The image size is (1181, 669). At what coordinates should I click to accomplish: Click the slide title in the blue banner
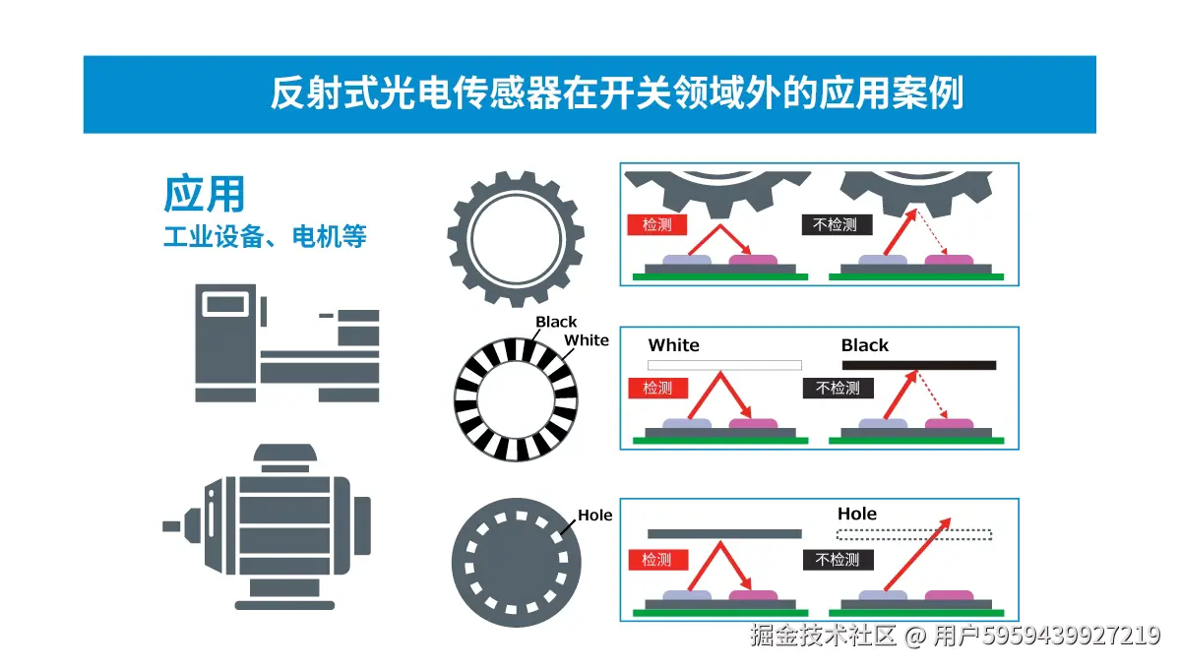click(616, 93)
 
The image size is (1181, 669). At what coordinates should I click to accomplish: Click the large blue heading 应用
click(204, 194)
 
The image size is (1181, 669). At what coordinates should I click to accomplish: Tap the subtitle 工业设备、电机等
click(265, 237)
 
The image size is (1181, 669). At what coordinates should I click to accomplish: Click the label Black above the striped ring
click(556, 322)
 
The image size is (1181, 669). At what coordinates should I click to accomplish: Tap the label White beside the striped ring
click(587, 340)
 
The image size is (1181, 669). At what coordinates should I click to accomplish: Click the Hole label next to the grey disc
click(594, 516)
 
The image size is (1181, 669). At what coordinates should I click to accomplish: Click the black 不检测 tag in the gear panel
click(836, 224)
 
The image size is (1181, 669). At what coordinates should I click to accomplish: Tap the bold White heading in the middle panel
click(674, 345)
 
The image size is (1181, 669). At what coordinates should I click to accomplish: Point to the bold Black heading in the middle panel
click(865, 345)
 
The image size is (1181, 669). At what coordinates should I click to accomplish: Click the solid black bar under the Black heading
click(919, 365)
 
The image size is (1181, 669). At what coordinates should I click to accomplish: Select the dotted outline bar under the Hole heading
click(914, 535)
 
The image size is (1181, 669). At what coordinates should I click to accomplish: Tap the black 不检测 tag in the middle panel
click(838, 389)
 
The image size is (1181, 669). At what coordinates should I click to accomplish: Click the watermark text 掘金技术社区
click(823, 637)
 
